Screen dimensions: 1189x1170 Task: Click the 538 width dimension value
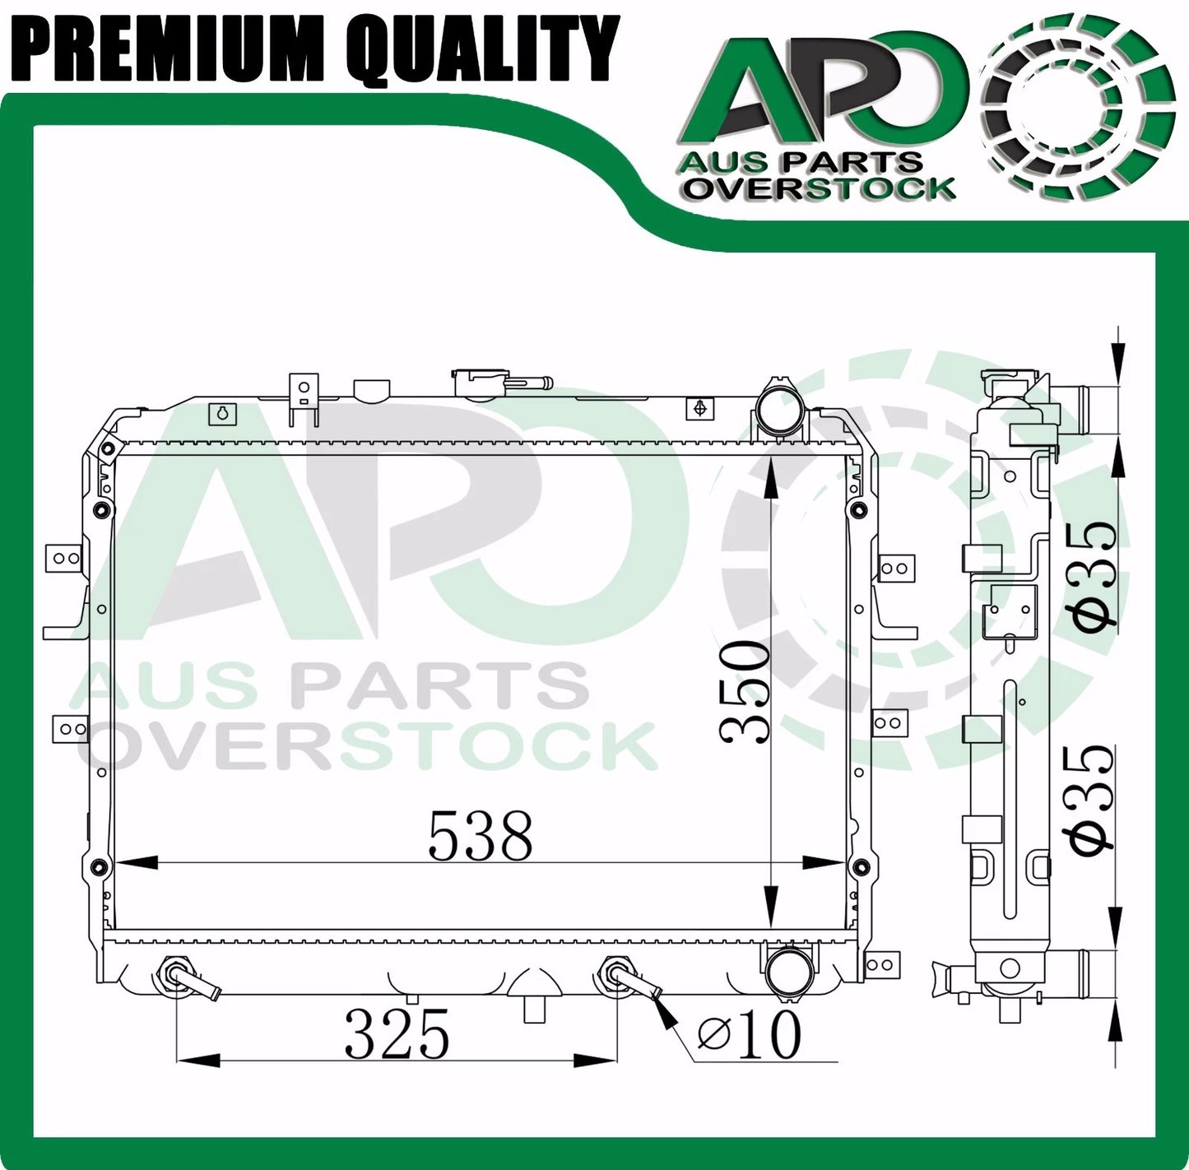tap(480, 837)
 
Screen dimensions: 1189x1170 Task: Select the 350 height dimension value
tap(745, 693)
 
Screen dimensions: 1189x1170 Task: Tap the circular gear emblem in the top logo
tap(1077, 106)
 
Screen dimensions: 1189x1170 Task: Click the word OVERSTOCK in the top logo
tap(820, 188)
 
